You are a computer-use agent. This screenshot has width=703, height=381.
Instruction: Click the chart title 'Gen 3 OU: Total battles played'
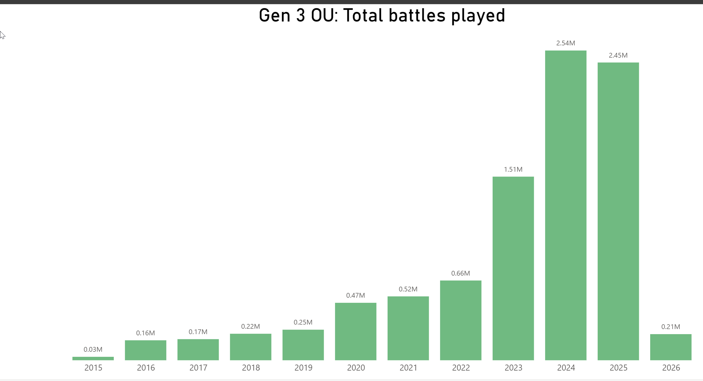tap(382, 16)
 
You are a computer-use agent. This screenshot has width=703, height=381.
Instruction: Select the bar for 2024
tap(565, 205)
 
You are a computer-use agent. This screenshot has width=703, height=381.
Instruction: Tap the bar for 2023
tap(513, 268)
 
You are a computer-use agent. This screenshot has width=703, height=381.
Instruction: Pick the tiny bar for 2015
tap(93, 358)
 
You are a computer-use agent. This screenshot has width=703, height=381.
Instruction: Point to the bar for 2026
tap(670, 347)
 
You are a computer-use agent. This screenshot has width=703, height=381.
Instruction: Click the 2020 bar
tap(355, 331)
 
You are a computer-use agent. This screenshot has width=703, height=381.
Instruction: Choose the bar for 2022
tap(460, 320)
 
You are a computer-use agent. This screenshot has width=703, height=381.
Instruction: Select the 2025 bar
tap(618, 211)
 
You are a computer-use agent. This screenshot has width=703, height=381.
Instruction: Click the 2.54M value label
tap(565, 43)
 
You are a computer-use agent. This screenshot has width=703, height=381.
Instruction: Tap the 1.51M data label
tap(513, 169)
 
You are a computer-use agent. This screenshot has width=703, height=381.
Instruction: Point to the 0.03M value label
tap(93, 349)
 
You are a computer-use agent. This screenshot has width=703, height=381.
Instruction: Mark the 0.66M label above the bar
tap(460, 273)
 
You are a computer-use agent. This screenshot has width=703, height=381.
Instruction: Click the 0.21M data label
tap(670, 327)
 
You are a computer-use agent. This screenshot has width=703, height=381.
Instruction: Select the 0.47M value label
tap(355, 295)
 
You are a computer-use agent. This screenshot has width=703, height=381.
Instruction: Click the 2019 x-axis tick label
tap(303, 368)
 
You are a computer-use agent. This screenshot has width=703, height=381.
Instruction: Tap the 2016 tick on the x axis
tap(146, 368)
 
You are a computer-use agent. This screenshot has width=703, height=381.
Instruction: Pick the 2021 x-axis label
tap(408, 368)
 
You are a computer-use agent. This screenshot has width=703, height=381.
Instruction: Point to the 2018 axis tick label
tap(251, 368)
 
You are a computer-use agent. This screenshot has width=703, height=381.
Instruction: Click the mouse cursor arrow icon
tap(2, 35)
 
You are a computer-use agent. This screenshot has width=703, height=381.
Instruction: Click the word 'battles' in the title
tap(417, 16)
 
